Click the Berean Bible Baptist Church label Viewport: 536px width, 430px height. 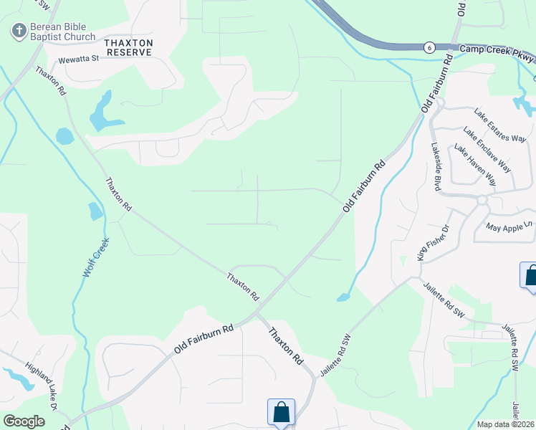coord(62,32)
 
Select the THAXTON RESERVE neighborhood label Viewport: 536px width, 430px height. coord(129,47)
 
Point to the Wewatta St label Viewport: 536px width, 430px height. coord(78,59)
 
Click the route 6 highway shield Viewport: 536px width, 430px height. coord(429,47)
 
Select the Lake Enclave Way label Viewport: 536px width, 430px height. coord(487,150)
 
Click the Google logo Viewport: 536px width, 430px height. coord(24,421)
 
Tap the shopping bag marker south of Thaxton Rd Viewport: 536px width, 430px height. coord(281,412)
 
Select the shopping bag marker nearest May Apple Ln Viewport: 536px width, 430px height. coord(530,276)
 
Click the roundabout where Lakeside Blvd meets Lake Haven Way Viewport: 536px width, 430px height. coord(482,200)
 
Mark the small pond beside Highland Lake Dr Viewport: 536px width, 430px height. coord(19,378)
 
